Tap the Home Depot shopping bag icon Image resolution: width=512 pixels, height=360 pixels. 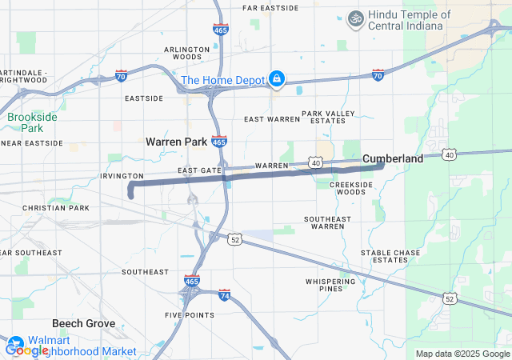pos(276,78)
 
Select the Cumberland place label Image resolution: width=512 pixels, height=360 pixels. pos(393,159)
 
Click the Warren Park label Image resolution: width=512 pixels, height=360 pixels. pos(176,142)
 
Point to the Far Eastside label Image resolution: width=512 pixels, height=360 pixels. pos(270,8)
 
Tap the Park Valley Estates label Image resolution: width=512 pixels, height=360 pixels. pos(327,117)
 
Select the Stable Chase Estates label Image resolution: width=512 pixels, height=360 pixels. pos(390,256)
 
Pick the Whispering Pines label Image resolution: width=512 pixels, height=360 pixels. pos(330,285)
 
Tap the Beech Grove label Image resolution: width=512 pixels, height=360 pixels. pos(83,324)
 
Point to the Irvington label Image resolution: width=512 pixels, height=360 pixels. pos(122,175)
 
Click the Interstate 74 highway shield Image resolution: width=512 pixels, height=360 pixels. pos(224,296)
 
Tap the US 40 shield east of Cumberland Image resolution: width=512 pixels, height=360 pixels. pos(450,154)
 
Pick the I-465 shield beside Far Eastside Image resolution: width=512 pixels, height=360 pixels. pos(220,30)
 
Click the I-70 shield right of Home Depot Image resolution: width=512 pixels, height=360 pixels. pos(378,75)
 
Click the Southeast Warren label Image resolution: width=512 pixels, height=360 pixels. pos(328,222)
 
